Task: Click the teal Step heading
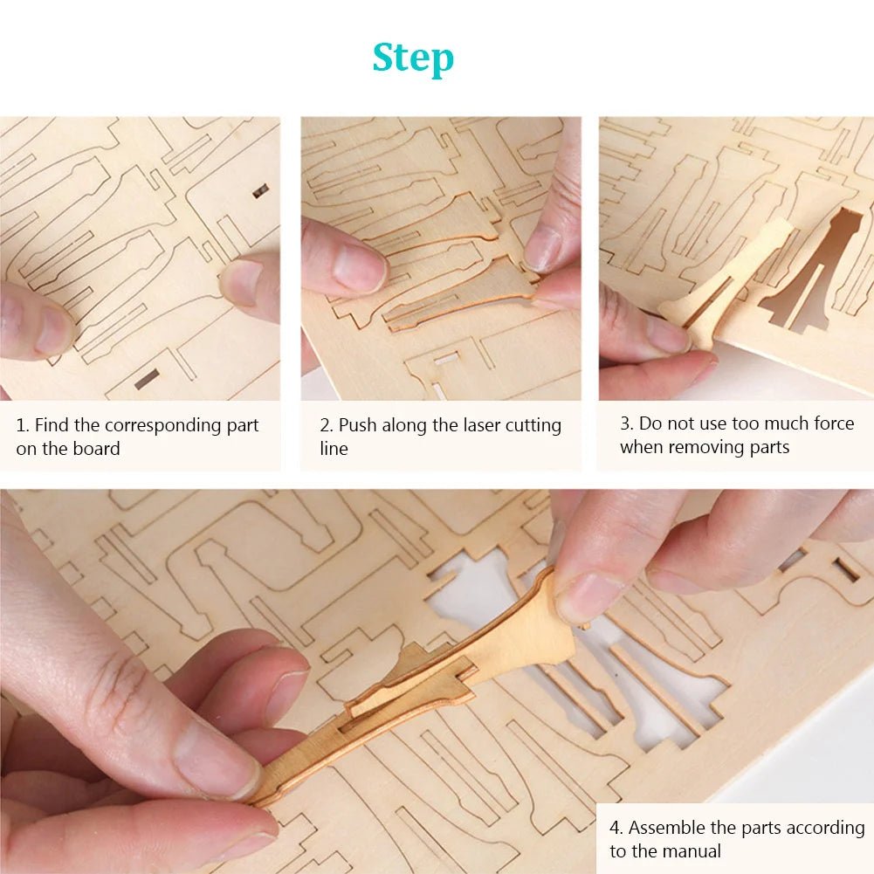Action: tap(413, 58)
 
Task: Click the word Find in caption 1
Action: tap(51, 425)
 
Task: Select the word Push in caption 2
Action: tap(357, 425)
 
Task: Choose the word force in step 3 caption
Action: tap(830, 423)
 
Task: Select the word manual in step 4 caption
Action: tap(690, 851)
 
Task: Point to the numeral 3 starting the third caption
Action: tap(625, 423)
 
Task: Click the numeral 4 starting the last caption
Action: tap(615, 828)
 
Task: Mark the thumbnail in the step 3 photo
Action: tap(668, 336)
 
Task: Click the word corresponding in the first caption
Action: tap(182, 425)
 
